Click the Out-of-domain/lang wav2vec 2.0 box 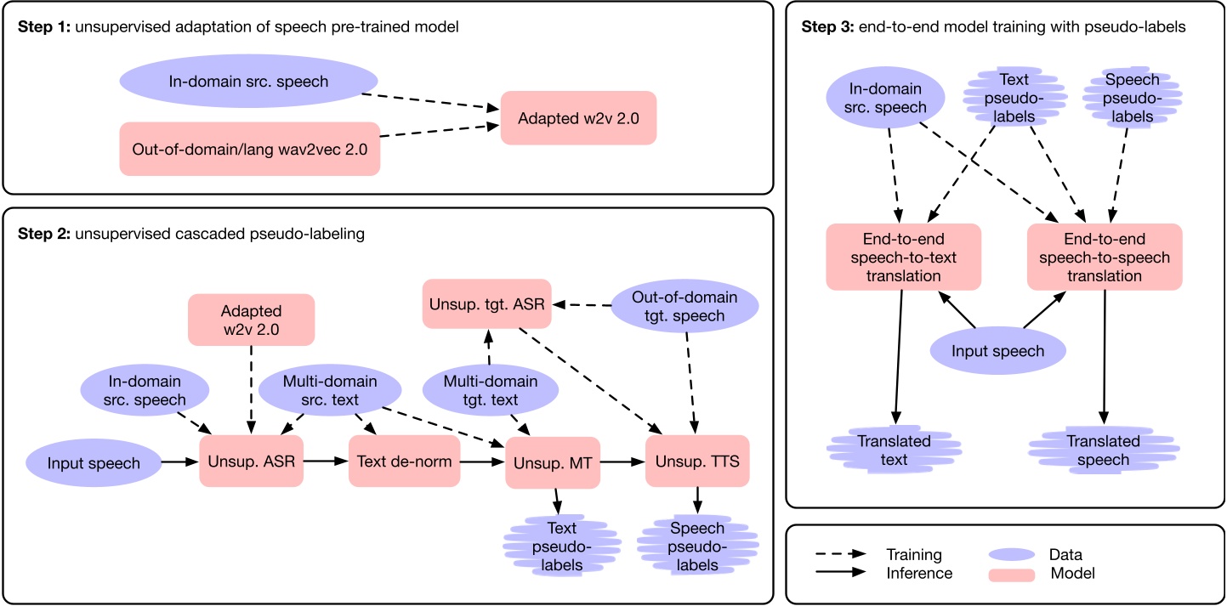[x=249, y=149]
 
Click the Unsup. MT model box [x=554, y=462]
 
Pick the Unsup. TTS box [x=697, y=462]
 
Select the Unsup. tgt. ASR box [x=488, y=302]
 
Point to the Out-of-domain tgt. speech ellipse [x=685, y=307]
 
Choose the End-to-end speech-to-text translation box [x=903, y=257]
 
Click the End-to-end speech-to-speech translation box [x=1104, y=257]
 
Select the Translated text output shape [x=895, y=450]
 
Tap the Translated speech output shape [x=1104, y=450]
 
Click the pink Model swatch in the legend [x=1010, y=575]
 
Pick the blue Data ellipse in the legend [x=1011, y=554]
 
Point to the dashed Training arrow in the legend [x=842, y=554]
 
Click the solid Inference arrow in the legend [x=842, y=574]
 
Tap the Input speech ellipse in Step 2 [x=94, y=462]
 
